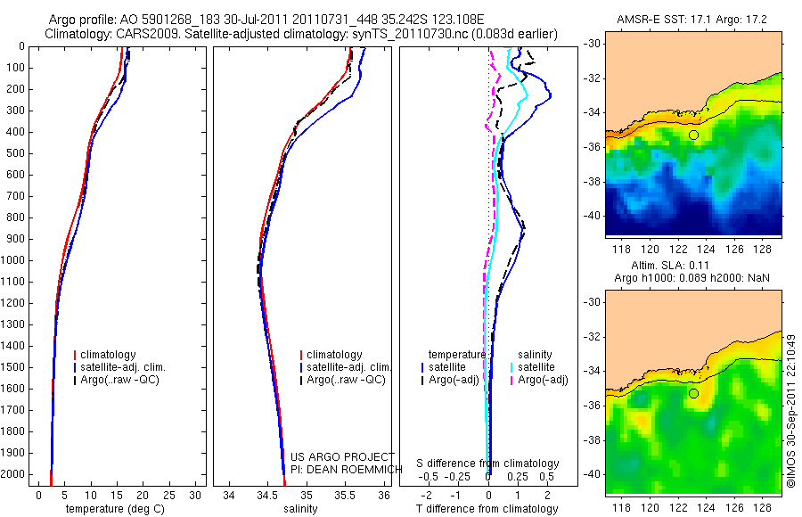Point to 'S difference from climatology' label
tap(488, 464)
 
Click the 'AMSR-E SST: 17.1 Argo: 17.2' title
tap(693, 20)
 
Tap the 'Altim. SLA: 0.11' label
tap(692, 267)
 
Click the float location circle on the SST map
tap(693, 135)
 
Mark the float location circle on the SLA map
tap(693, 393)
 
